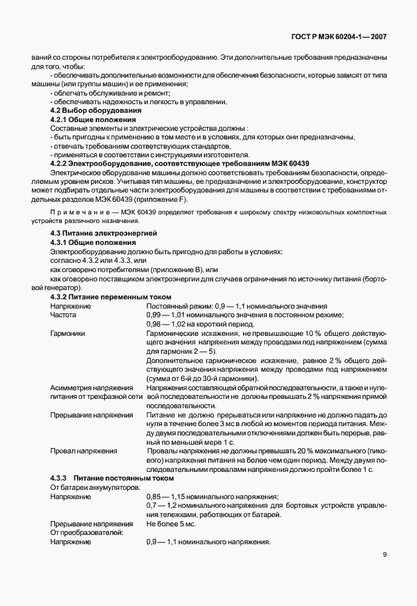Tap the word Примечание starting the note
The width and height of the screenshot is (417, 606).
coord(74,212)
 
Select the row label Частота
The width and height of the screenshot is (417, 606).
coord(64,315)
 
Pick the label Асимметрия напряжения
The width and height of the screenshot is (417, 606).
coord(92,387)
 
